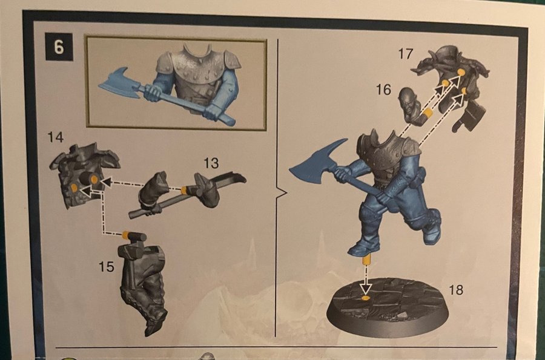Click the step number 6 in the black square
[x=59, y=47]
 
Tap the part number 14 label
[x=56, y=137]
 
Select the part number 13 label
[x=211, y=163]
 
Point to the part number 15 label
[x=106, y=267]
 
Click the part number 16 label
[x=383, y=90]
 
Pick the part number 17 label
[x=406, y=54]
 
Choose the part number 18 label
[x=456, y=290]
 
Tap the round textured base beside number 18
[x=387, y=306]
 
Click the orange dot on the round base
[x=365, y=298]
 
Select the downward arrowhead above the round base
[x=365, y=288]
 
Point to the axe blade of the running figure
[x=316, y=163]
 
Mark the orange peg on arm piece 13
[x=185, y=189]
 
